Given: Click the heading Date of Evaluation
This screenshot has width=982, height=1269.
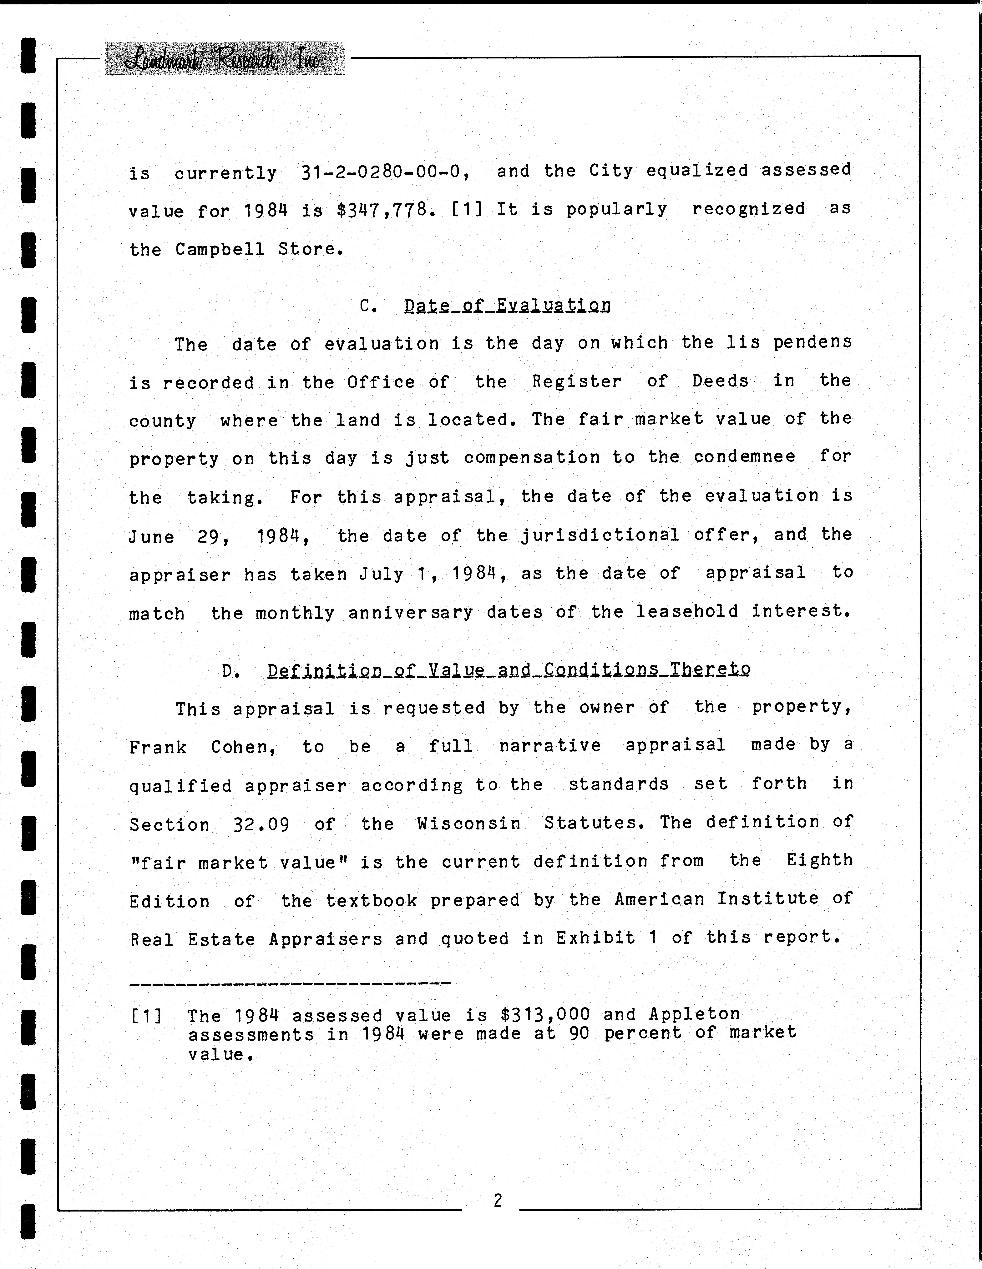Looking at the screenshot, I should tap(507, 306).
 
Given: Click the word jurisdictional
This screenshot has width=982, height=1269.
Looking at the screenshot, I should tap(600, 535).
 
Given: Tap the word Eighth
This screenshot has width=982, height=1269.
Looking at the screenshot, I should tap(819, 861).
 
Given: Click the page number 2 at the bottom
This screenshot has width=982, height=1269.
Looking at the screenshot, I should tap(498, 1200).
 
